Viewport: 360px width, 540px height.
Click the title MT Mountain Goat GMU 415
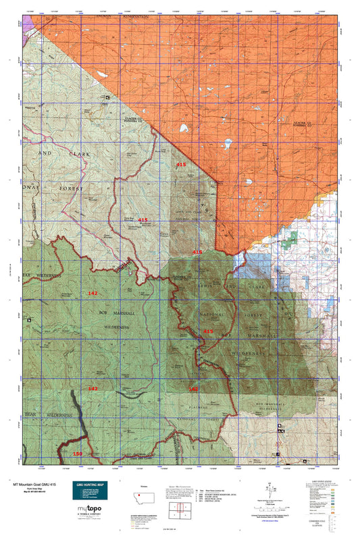pyautogui.click(x=38, y=485)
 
